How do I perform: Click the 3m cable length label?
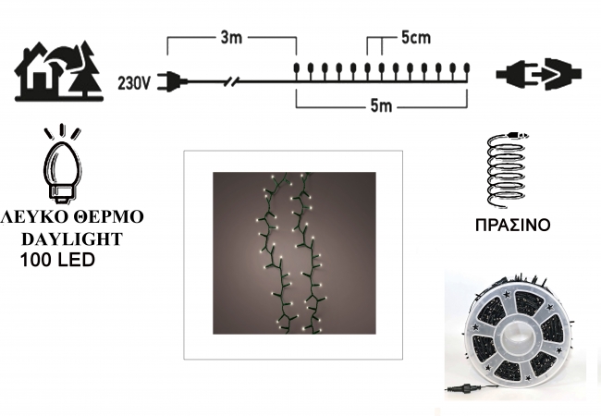coord(231,38)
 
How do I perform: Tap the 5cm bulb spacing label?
coord(416,38)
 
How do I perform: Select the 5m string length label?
coord(381,106)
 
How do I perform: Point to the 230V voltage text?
coord(134,83)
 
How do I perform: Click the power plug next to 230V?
coord(172,81)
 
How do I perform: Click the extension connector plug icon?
coord(538,74)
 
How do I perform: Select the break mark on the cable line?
coord(232,81)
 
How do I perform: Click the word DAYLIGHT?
coord(72,239)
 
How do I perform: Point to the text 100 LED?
coord(57,260)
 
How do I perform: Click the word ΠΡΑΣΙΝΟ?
coord(512,225)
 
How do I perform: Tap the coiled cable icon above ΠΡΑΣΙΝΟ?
coord(507,170)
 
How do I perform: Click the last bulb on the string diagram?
coord(466,69)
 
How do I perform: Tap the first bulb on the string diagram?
coord(296,69)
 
